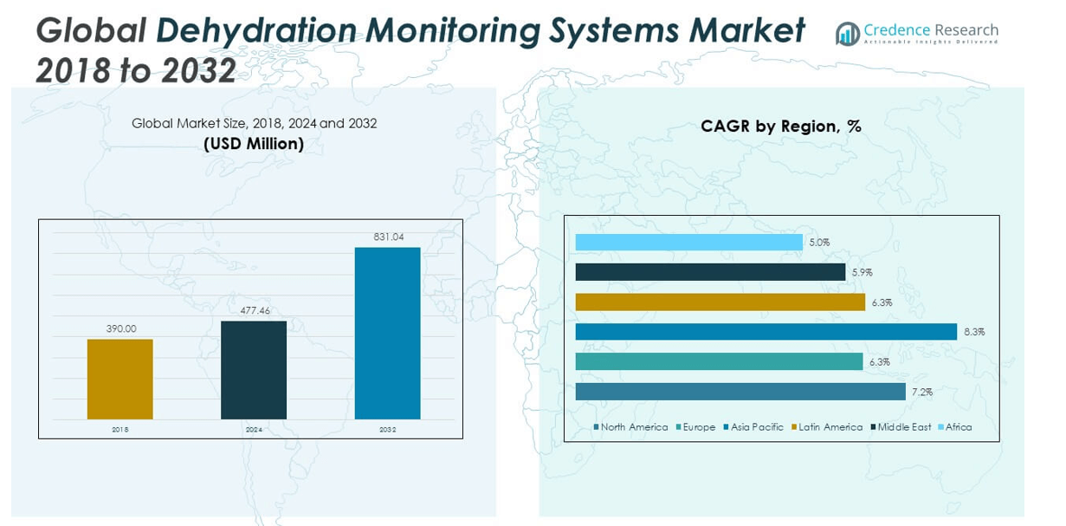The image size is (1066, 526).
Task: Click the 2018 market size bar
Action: tap(120, 379)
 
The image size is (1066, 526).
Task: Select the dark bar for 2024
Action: tap(254, 370)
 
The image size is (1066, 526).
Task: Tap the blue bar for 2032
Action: tap(387, 333)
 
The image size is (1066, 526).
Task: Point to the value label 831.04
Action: tap(388, 237)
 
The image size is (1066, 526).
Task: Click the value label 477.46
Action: tap(254, 310)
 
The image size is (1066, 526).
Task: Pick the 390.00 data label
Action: tap(120, 328)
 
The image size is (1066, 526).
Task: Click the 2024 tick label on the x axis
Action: tap(254, 429)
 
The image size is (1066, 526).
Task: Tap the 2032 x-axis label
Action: tap(387, 429)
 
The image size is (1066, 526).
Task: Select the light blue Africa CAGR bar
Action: tap(688, 243)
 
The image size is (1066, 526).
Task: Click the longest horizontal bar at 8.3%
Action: tap(766, 332)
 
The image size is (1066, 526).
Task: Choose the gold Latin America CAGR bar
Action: tap(720, 302)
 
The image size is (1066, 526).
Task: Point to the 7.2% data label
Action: tap(921, 393)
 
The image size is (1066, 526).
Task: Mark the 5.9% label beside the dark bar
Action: tap(861, 273)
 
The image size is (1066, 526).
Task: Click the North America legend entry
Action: tap(630, 427)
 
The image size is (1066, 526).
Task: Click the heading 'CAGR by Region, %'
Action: tap(780, 127)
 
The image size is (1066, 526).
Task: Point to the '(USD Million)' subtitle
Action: tap(254, 144)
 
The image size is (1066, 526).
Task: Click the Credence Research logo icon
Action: tap(847, 34)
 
